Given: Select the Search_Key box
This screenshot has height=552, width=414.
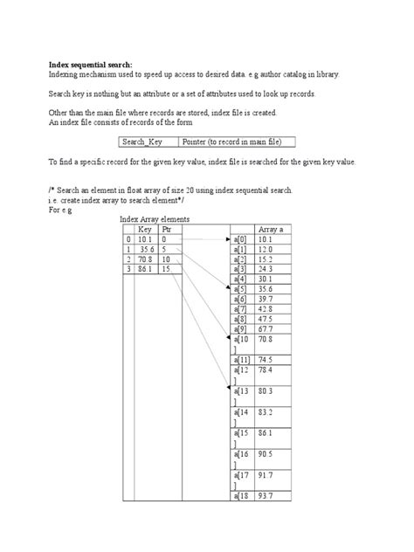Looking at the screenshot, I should click(x=148, y=141).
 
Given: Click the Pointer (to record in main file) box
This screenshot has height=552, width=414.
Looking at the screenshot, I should click(x=237, y=141).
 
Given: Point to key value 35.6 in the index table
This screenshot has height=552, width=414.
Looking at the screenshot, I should click(x=145, y=249).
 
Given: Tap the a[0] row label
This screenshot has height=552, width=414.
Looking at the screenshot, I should click(x=240, y=238).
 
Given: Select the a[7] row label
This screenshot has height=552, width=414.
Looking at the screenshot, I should click(x=240, y=309).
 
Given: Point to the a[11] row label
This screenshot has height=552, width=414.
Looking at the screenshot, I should click(x=242, y=360).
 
